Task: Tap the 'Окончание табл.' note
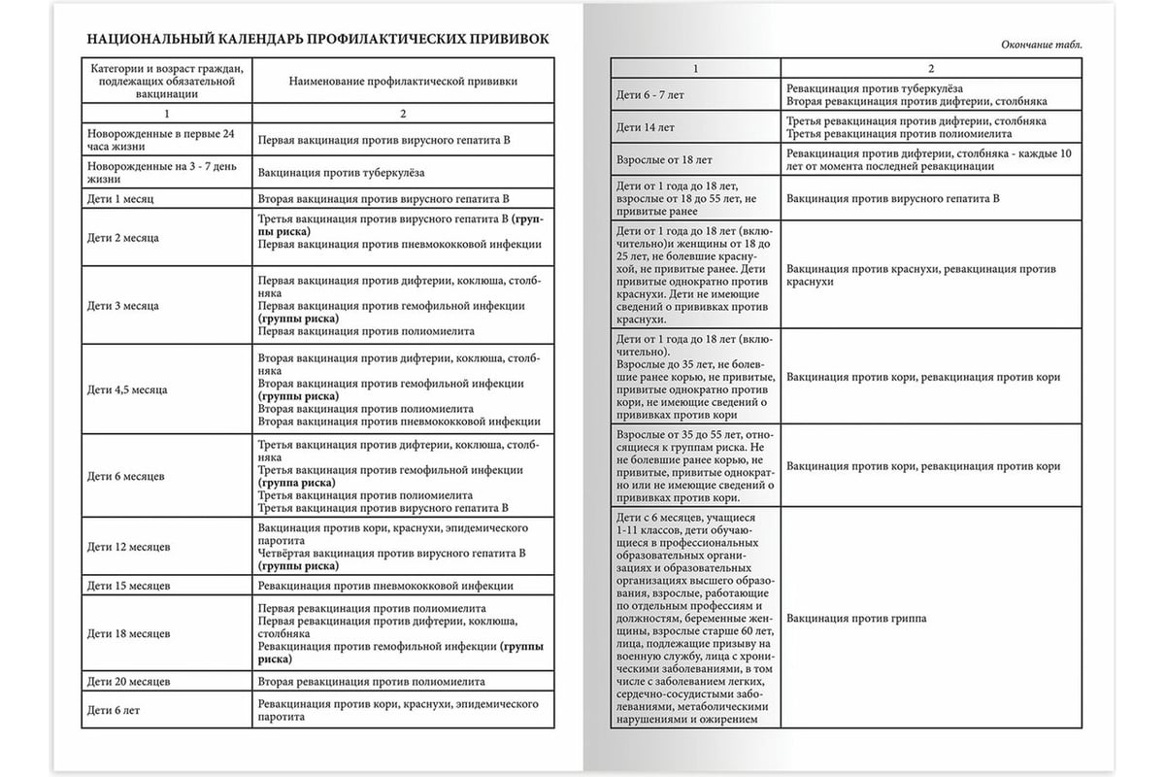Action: [x=1040, y=45]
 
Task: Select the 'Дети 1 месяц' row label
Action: [x=120, y=198]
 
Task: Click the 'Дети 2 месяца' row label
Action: [x=123, y=237]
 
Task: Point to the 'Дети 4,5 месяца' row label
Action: [x=127, y=389]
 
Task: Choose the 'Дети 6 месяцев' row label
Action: [x=125, y=476]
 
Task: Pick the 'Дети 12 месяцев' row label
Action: [x=128, y=547]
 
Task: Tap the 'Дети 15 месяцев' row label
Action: [x=128, y=586]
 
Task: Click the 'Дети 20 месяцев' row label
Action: [x=128, y=682]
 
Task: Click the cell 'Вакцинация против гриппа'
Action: [x=856, y=618]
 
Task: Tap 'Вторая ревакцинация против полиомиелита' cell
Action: [x=372, y=682]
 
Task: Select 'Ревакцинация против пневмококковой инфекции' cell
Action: [x=385, y=586]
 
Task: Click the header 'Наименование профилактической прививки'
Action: [x=403, y=82]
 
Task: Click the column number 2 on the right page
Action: [x=931, y=68]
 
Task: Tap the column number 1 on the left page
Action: [x=169, y=115]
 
